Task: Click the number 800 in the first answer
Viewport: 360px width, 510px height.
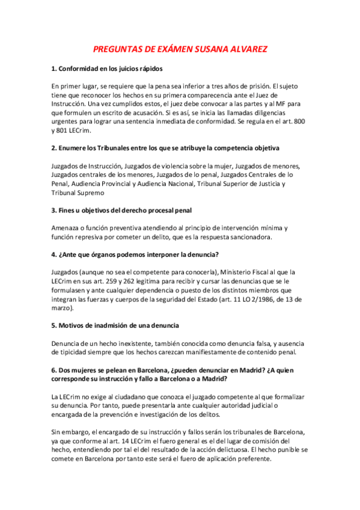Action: (x=299, y=121)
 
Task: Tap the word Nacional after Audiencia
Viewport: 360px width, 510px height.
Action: (x=178, y=183)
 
